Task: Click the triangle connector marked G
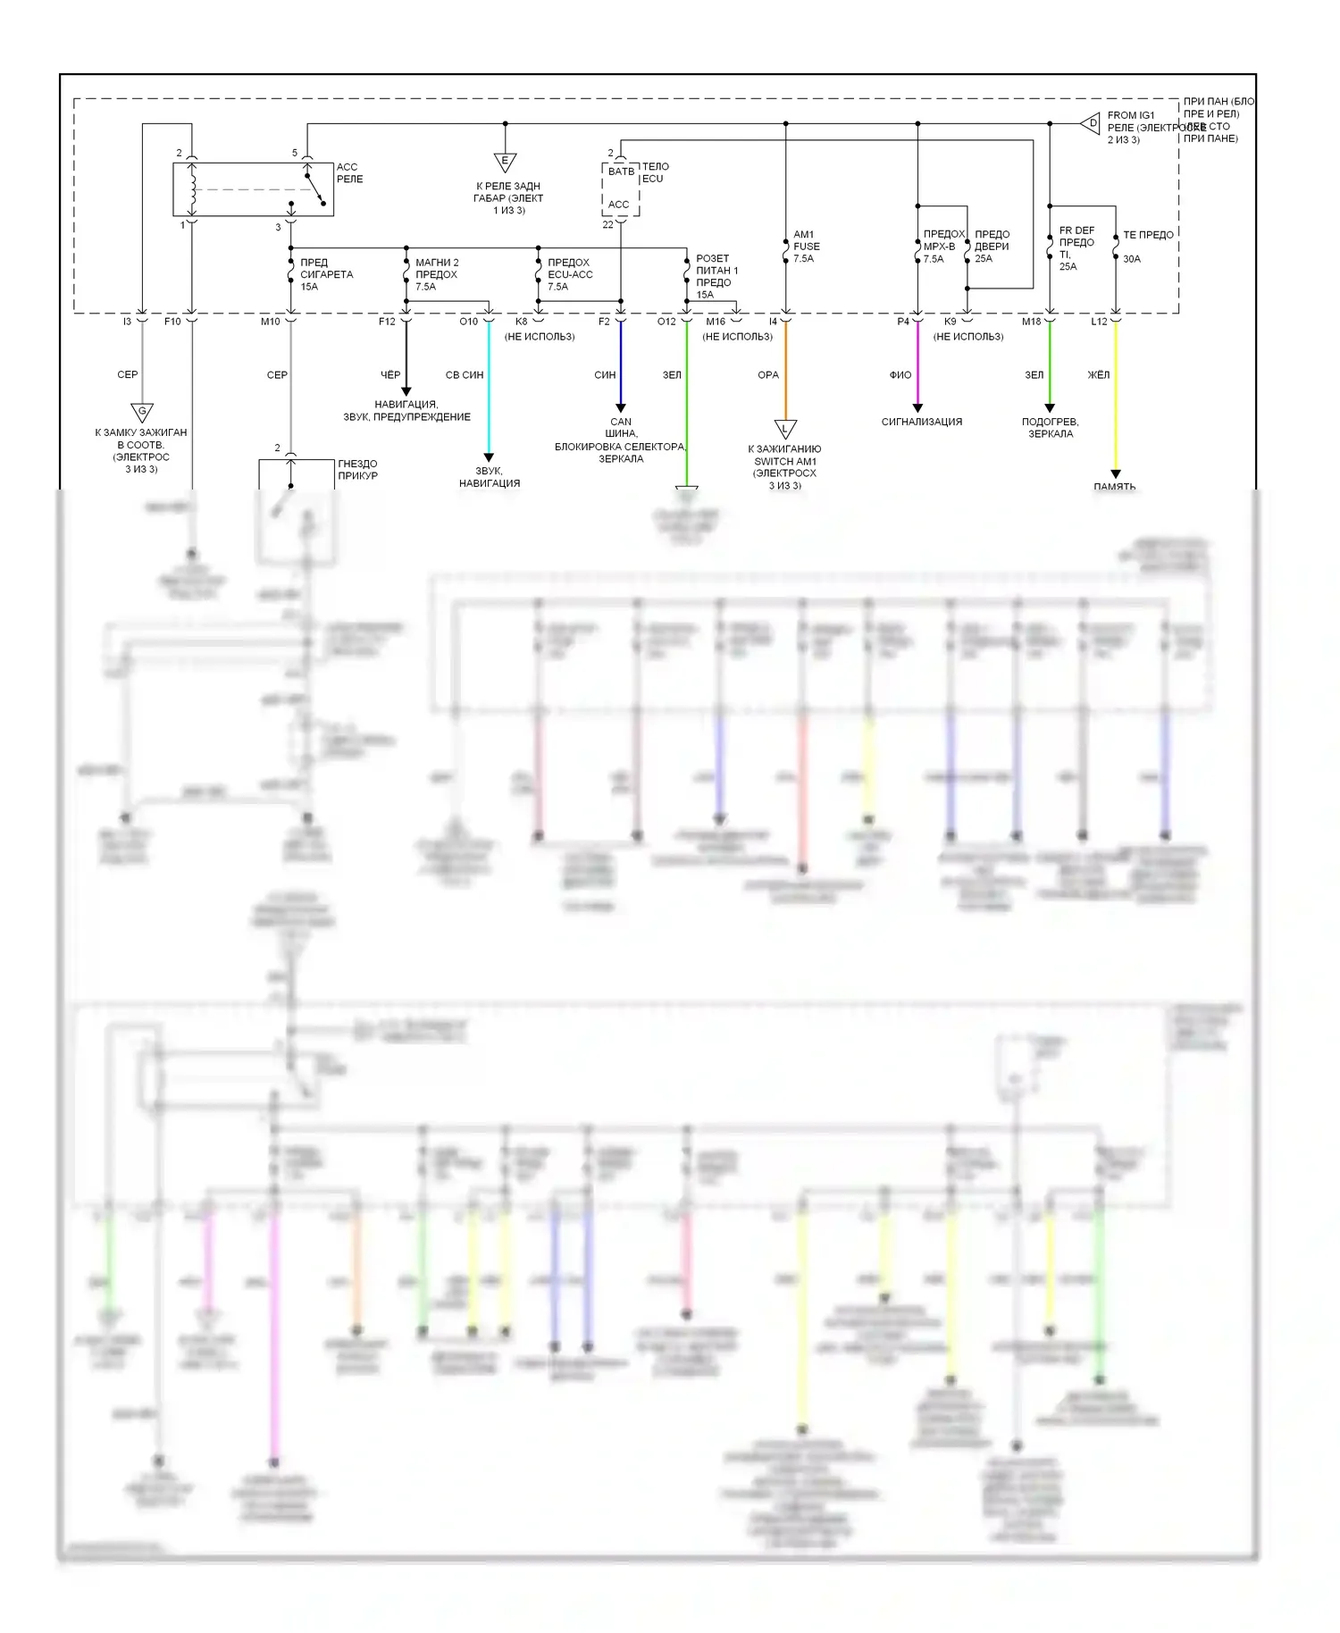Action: click(142, 412)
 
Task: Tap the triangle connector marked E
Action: click(505, 163)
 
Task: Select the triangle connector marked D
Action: click(1091, 123)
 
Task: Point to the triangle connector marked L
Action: click(785, 429)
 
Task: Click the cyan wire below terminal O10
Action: click(489, 393)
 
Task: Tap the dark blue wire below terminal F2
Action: click(621, 366)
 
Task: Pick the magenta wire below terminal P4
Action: click(917, 366)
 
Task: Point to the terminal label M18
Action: click(1032, 322)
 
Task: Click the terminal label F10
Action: click(172, 322)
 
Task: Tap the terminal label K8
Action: click(522, 322)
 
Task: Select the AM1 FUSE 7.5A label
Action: click(806, 247)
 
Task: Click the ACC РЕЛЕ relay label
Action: click(349, 173)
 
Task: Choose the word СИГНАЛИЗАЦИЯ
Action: click(922, 422)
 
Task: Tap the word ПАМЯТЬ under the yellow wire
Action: click(1115, 486)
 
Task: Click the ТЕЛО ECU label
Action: click(655, 172)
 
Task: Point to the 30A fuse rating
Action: click(1132, 259)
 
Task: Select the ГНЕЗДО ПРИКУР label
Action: click(357, 470)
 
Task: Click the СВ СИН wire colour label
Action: click(465, 375)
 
